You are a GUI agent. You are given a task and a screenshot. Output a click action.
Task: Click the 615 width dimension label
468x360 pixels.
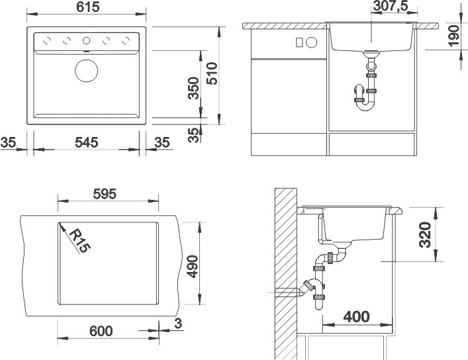88,7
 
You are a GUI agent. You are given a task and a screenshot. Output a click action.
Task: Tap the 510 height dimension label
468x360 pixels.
212,73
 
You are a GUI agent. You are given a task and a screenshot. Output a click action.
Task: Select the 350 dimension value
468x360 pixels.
193,88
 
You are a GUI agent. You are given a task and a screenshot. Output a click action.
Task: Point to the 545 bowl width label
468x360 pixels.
87,142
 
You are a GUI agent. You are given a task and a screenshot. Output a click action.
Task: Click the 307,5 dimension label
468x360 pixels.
391,6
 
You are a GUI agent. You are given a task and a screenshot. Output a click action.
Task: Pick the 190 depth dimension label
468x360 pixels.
453,36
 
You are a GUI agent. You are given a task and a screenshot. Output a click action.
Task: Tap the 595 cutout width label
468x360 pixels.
105,194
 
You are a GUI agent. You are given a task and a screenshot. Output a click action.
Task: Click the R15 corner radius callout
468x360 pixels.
79,240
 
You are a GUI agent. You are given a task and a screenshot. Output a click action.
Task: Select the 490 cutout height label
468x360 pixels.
193,267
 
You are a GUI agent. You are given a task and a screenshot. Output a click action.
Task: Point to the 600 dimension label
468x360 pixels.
101,331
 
